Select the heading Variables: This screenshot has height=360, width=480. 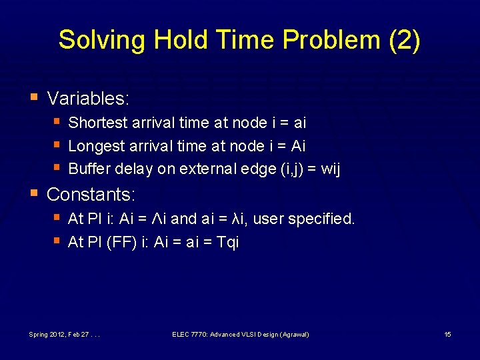pyautogui.click(x=88, y=99)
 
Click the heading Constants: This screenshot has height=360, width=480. pyautogui.click(x=91, y=195)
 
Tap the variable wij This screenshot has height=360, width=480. pyautogui.click(x=331, y=169)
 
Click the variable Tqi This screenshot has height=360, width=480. pyautogui.click(x=228, y=242)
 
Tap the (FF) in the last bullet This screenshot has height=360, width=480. pyautogui.click(x=123, y=242)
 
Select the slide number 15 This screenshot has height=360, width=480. pyautogui.click(x=447, y=334)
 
